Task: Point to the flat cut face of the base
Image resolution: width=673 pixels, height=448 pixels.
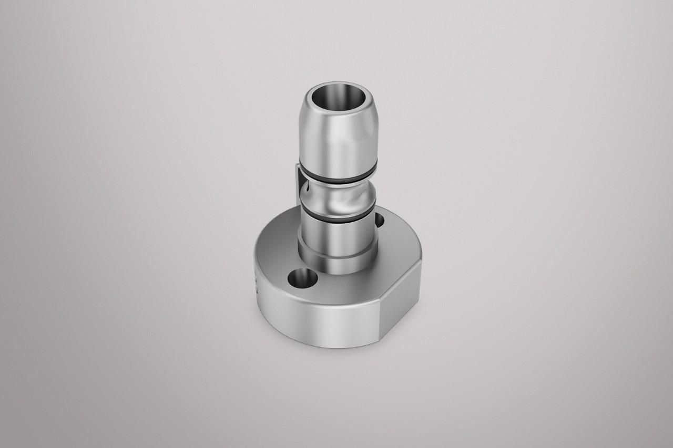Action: [401, 304]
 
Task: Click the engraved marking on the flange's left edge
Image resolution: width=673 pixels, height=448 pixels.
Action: [256, 284]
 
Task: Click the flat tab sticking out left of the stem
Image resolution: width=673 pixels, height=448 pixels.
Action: [298, 178]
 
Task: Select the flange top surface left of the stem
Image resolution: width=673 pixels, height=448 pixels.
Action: [276, 252]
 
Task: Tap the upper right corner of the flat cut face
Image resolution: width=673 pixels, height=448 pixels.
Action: [421, 261]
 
